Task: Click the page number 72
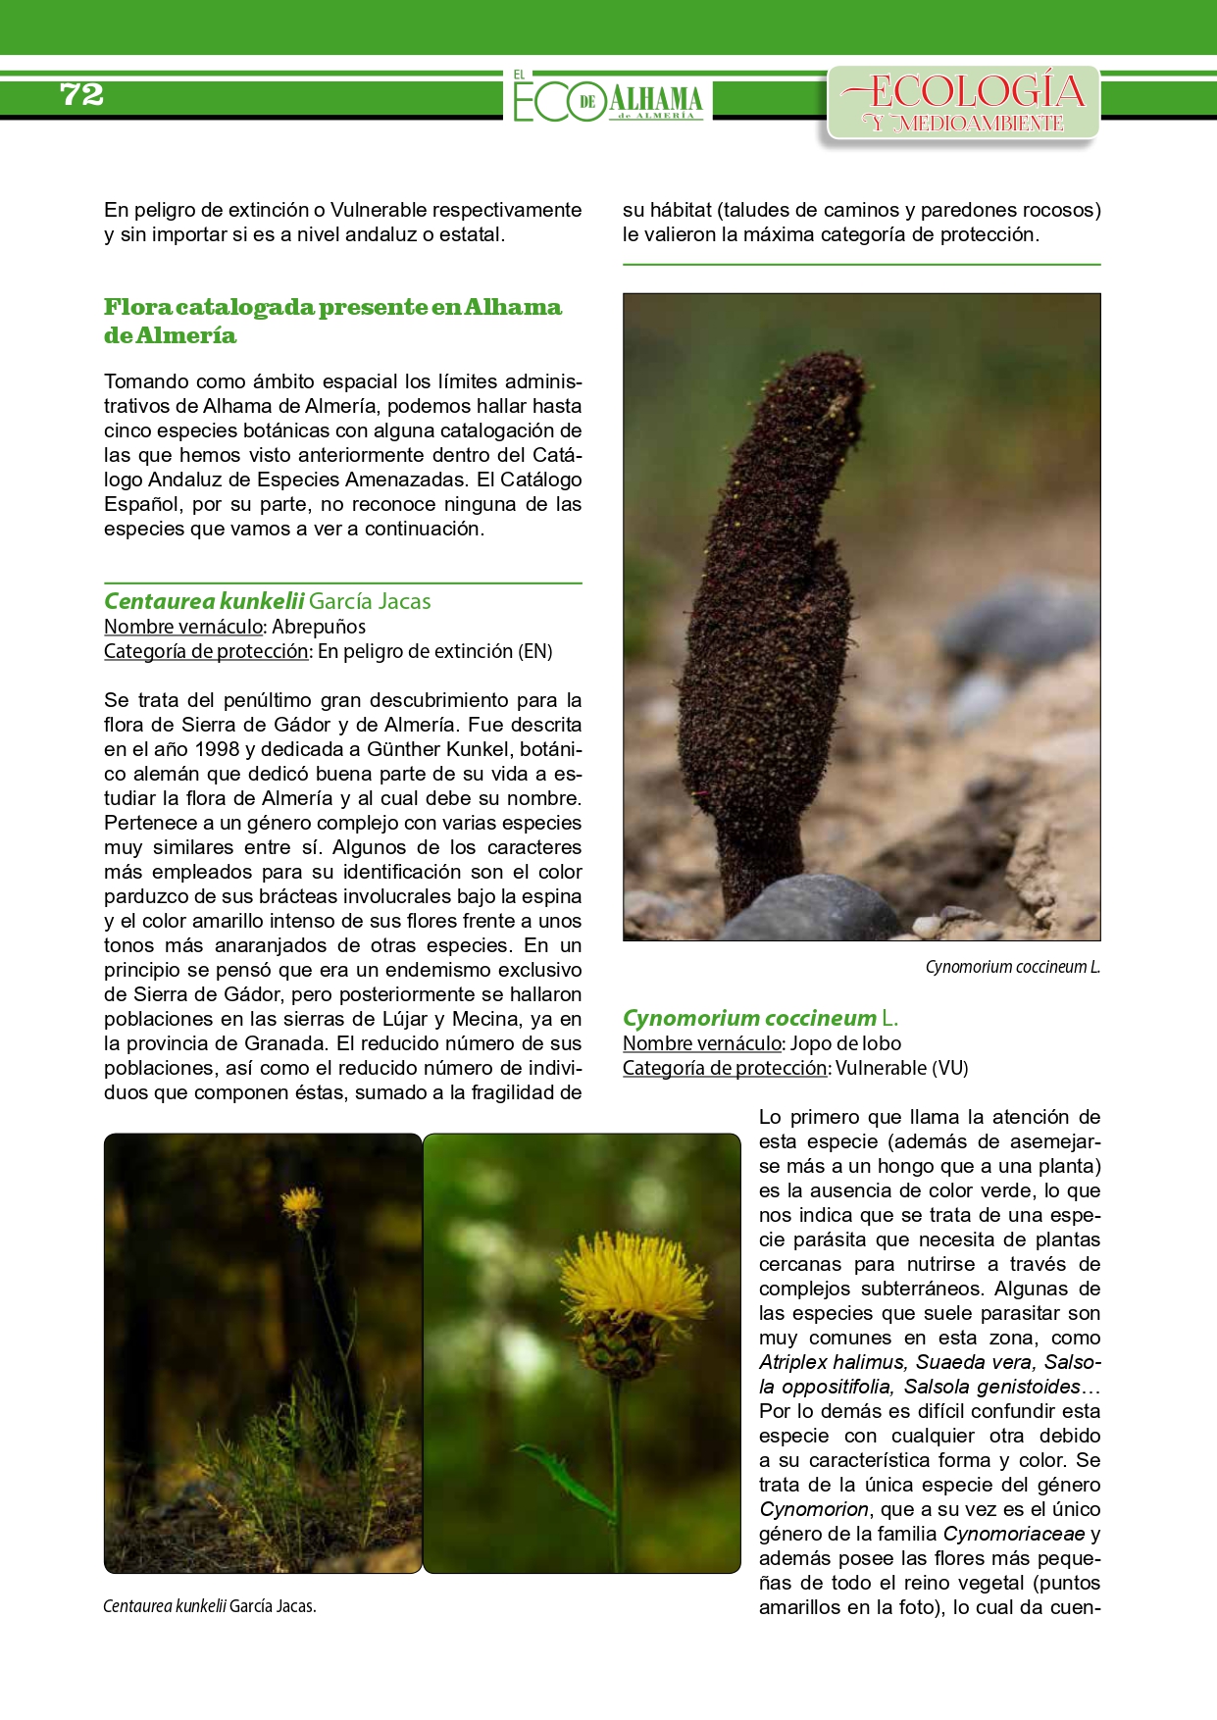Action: click(81, 94)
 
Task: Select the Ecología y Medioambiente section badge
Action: click(964, 102)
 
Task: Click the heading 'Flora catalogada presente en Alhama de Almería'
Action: click(332, 321)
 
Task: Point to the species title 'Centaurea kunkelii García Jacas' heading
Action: click(268, 601)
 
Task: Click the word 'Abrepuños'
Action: click(319, 627)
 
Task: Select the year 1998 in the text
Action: click(217, 749)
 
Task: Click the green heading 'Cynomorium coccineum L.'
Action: click(760, 1018)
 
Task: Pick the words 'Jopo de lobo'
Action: click(845, 1043)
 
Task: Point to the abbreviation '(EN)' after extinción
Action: click(534, 651)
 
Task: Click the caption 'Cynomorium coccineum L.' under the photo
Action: click(1012, 967)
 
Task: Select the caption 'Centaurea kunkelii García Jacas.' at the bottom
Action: click(210, 1606)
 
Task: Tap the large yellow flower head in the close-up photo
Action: click(631, 1278)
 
